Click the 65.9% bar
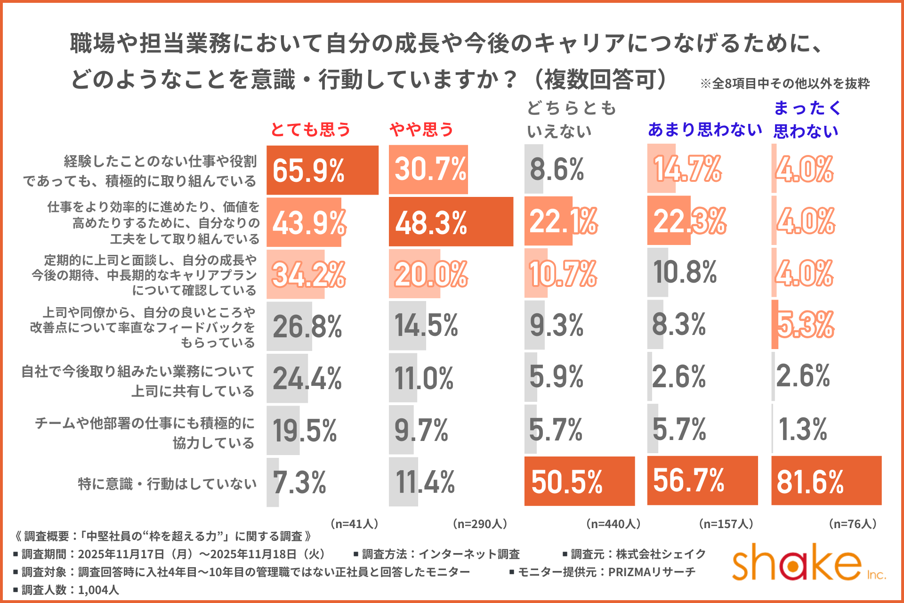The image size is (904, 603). coord(323,170)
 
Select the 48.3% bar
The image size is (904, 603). coord(451,222)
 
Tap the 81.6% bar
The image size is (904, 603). coord(826,481)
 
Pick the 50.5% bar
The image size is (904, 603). coord(579,481)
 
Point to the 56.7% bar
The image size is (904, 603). coord(702,481)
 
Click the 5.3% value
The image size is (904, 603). coord(805,325)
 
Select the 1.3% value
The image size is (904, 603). coord(803,429)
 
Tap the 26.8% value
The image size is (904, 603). coord(307,326)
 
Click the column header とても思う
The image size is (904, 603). coord(311,129)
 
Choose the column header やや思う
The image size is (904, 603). coord(421,129)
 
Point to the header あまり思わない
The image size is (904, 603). coord(705,129)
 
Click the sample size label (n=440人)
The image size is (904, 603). coord(613,524)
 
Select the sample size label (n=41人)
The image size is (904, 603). coord(355,524)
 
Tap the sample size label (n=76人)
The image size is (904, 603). coord(852,524)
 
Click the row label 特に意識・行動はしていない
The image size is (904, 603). coord(167,484)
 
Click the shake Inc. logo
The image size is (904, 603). coord(807,563)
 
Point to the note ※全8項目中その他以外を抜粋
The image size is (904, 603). coord(785,84)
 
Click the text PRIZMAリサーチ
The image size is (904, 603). coord(652,572)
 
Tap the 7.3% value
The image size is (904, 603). coord(299,482)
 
